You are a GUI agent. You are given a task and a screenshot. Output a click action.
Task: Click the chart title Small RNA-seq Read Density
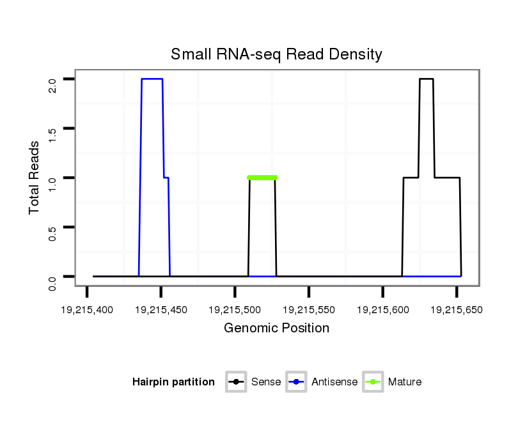[x=276, y=54]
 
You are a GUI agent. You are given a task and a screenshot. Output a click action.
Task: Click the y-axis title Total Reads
[x=35, y=177]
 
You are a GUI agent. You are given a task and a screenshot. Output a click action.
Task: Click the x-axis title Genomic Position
[x=276, y=329]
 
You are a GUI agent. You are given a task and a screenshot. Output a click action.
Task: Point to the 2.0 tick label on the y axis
[x=52, y=85]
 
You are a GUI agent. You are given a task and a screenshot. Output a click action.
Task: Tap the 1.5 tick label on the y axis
[x=52, y=134]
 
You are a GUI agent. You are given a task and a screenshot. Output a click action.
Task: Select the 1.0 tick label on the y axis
[x=52, y=183]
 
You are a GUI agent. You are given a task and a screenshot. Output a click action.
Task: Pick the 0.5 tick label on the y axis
[x=52, y=233]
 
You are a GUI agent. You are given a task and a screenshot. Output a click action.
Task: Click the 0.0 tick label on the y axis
[x=52, y=282]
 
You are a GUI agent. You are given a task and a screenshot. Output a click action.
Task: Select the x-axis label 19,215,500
[x=235, y=310]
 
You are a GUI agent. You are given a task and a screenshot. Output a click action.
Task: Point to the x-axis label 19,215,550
[x=309, y=310]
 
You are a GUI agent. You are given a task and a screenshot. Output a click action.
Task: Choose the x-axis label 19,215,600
[x=382, y=310]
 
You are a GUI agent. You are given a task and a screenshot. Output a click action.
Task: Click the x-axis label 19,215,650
[x=457, y=310]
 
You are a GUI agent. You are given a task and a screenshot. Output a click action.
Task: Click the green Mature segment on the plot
[x=262, y=178]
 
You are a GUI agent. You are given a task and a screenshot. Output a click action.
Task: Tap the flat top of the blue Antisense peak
[x=152, y=79]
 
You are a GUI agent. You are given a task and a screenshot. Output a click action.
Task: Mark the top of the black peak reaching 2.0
[x=427, y=79]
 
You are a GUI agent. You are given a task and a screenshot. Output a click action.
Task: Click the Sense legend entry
[x=254, y=382]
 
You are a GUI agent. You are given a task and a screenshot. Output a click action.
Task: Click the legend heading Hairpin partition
[x=173, y=382]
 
